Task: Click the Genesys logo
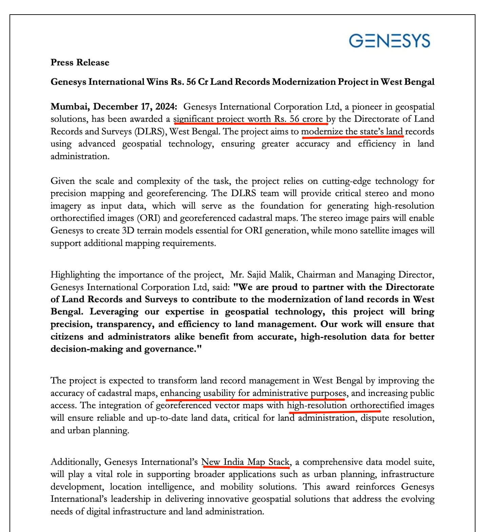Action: [389, 41]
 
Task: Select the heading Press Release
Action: [80, 62]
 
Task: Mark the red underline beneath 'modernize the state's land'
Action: [352, 137]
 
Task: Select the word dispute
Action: [374, 418]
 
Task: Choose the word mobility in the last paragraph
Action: [237, 487]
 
